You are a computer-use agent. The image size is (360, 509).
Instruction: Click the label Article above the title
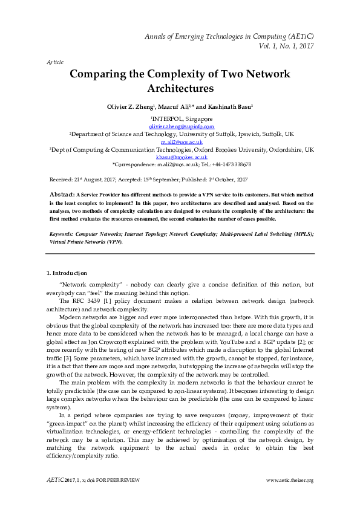click(x=54, y=62)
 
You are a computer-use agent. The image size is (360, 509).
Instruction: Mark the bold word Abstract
click(x=62, y=193)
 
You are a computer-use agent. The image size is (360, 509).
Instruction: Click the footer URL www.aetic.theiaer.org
click(x=290, y=480)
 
